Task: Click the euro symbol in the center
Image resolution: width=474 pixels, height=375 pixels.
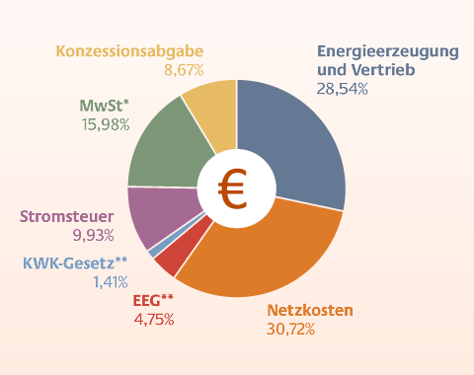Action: point(234,187)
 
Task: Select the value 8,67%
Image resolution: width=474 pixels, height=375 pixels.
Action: point(184,70)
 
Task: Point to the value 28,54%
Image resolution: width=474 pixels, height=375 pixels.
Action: point(343,89)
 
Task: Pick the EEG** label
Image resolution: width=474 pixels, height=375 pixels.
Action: point(153,300)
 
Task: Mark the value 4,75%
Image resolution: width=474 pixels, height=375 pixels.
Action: point(153,319)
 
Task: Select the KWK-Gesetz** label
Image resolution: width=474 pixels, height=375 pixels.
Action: point(75,262)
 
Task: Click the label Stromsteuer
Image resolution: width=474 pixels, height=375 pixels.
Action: point(67,216)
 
